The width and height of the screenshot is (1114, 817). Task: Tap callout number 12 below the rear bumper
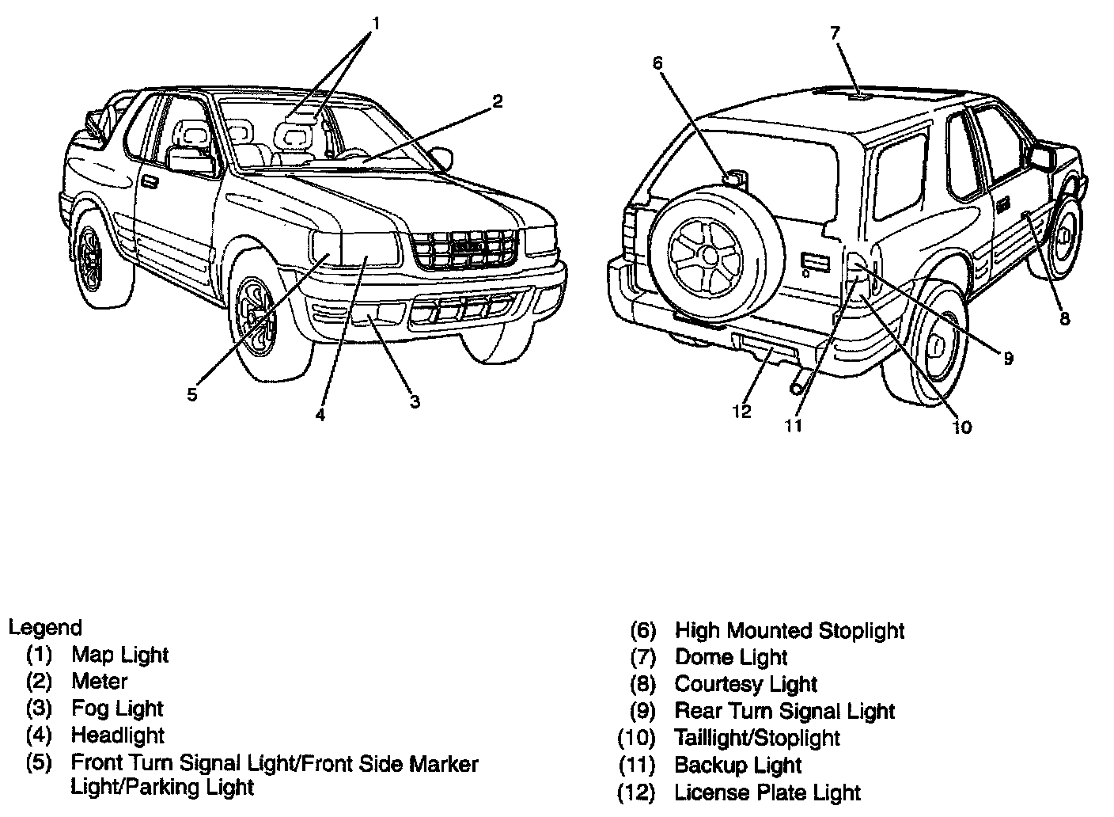741,412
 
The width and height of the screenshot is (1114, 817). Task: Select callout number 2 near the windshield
497,101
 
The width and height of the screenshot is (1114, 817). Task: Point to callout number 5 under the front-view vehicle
192,394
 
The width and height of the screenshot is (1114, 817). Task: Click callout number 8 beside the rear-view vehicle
1064,318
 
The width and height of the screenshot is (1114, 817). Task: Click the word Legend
45,628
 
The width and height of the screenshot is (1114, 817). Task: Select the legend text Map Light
119,655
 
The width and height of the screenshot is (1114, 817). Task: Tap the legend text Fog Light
117,709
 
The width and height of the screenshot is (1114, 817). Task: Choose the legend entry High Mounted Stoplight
789,631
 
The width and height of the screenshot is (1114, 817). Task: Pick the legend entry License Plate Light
767,792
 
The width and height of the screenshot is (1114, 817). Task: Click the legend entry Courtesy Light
745,684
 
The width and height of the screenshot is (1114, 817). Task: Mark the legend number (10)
637,738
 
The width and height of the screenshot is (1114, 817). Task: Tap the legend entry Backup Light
737,766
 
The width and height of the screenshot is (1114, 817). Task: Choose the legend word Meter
99,682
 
